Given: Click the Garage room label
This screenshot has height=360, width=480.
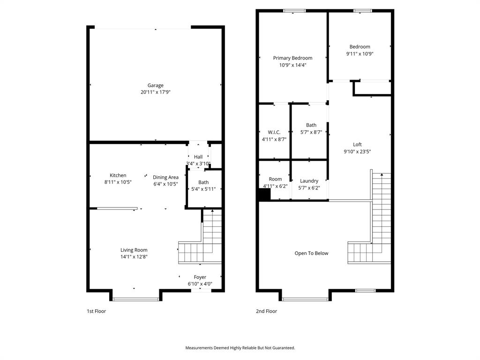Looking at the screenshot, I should pos(156,85).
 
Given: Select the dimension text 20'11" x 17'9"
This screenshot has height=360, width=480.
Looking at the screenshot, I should pos(156,92).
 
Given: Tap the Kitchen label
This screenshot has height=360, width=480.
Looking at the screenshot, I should pos(118,175).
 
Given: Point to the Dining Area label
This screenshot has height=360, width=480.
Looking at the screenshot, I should pos(165,177).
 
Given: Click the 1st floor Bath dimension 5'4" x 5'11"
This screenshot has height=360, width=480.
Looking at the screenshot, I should pos(203,189).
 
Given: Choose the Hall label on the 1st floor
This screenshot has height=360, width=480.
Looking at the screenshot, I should pos(198,157).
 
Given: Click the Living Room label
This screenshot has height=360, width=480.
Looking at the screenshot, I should pos(134,250).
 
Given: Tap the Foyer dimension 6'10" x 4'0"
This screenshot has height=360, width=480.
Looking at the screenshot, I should pos(200,284).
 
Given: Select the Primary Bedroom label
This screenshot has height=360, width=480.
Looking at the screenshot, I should pos(292,58).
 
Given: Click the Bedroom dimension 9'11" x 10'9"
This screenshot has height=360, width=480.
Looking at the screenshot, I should pos(360,53).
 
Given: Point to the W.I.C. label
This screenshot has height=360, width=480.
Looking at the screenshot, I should pos(274,132).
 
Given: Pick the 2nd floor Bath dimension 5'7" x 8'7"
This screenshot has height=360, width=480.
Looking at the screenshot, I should pos(311,132).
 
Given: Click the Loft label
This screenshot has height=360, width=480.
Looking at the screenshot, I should pos(357,144).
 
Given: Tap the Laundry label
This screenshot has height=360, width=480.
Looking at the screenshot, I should pos(309,181).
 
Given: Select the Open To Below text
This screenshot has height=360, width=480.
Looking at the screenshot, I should pos(311,253).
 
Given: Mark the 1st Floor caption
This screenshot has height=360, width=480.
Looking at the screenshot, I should pos(96,311).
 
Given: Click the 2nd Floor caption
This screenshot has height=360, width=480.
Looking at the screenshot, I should pos(266,311).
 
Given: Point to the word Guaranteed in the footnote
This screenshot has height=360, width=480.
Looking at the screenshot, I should pos(282,348).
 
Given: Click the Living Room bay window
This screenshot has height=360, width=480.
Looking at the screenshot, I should pos(136,299).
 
